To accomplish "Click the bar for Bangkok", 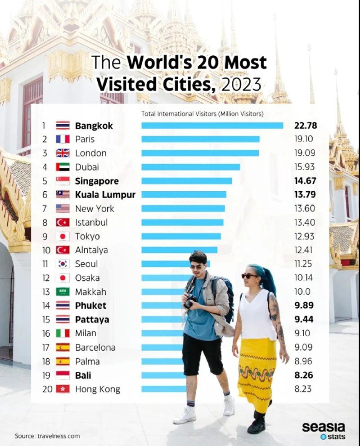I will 212,126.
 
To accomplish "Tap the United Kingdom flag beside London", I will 63,153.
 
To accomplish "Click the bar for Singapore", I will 186,181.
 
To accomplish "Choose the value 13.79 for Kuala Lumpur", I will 304,195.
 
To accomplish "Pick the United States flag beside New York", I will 63,208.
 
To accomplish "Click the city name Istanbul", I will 91,222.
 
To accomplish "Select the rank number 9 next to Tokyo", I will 45,236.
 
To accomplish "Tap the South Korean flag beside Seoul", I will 63,264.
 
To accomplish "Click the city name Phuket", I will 90,306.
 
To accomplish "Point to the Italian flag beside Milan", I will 63,333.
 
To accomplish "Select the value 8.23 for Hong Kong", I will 303,389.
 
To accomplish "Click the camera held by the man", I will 191,301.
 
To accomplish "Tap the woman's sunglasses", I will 248,275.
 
